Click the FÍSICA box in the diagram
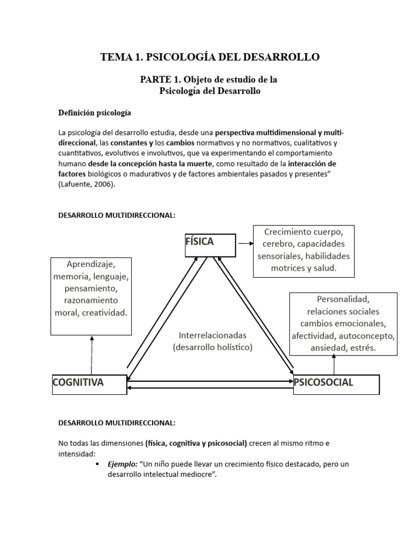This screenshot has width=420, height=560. click(211, 245)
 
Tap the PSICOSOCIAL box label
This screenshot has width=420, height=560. click(324, 382)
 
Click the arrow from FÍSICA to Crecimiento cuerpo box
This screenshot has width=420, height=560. click(244, 244)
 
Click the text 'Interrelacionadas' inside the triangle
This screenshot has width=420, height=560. click(213, 335)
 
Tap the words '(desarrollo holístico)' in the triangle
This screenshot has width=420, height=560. click(213, 347)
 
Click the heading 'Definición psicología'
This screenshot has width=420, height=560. click(95, 113)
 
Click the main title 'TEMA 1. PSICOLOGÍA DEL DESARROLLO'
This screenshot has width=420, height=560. click(210, 57)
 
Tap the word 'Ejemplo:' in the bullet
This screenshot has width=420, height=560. click(122, 464)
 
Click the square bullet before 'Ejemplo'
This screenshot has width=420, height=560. click(97, 464)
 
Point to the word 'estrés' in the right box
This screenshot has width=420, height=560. click(363, 348)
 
